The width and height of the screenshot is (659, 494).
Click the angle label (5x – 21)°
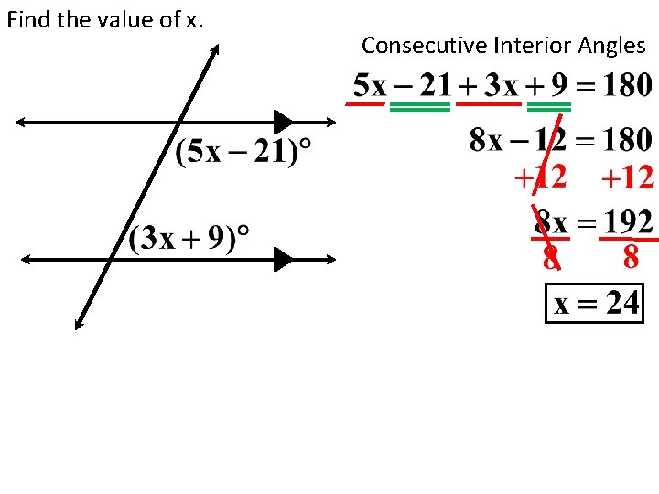coord(242,152)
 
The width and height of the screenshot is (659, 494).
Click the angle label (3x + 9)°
coord(189,239)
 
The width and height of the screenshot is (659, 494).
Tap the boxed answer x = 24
coord(595,302)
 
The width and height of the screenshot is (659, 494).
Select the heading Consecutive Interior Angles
coord(503,45)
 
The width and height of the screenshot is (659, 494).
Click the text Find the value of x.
coord(104,19)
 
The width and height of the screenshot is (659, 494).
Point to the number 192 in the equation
coord(627,221)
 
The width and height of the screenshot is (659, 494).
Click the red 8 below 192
coord(631,259)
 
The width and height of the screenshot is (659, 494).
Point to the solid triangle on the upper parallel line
coord(283,122)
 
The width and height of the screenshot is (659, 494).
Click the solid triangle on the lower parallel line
coord(283,260)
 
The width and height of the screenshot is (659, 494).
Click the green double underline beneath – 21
coord(420,107)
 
